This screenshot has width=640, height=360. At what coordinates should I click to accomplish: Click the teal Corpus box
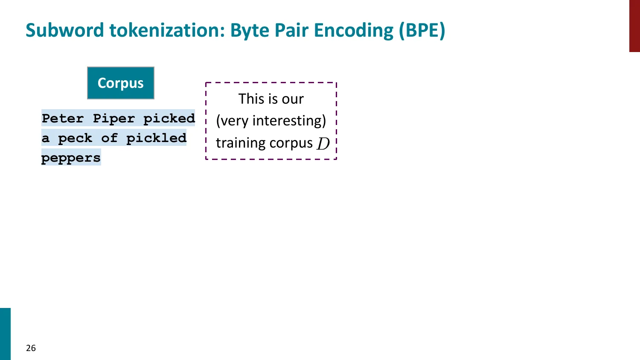point(121,83)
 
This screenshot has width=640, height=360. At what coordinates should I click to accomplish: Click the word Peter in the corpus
point(63,118)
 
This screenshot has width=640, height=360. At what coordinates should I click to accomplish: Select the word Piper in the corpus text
point(113,118)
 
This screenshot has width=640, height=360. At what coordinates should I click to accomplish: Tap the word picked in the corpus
point(169,118)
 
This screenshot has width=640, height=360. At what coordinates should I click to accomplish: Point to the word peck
point(75,138)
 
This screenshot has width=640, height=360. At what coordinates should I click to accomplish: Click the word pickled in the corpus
point(156,138)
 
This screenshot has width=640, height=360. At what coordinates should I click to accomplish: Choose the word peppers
point(71,158)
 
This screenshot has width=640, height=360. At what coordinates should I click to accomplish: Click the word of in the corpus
point(109,138)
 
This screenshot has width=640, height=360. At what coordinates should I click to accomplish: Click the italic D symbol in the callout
point(323,144)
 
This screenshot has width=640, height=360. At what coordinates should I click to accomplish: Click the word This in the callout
point(251,99)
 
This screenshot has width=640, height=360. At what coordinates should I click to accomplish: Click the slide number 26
point(31,348)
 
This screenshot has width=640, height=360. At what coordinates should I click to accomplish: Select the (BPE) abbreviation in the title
point(422,30)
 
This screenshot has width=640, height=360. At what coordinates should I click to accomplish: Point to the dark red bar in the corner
point(634,26)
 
